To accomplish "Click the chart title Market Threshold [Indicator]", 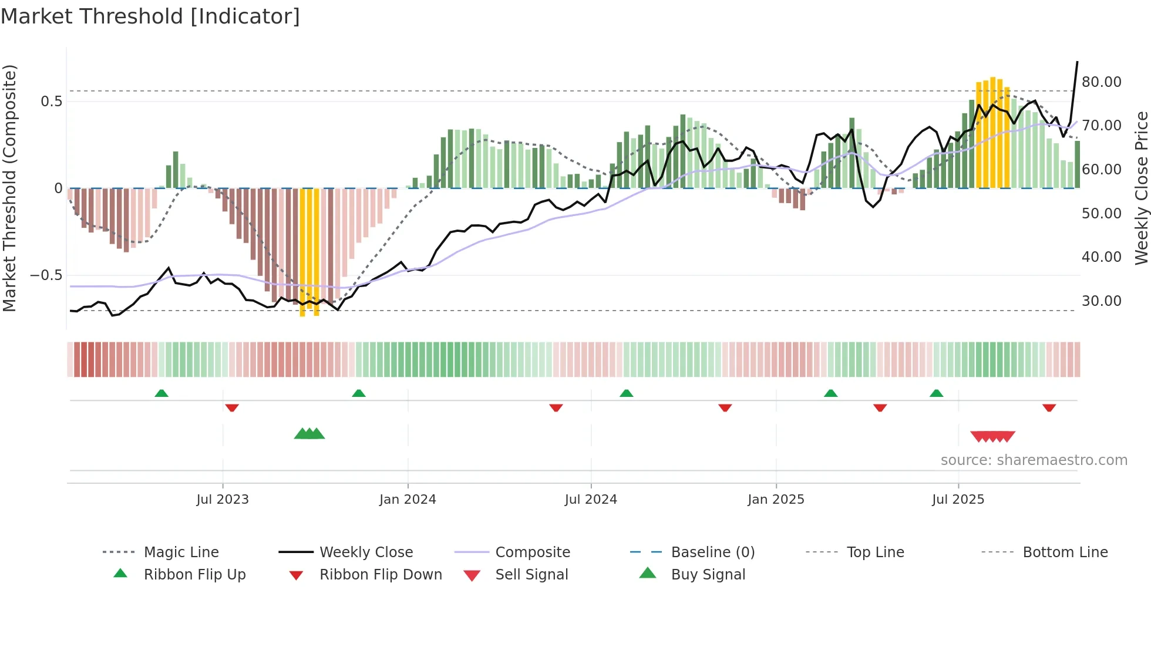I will click(150, 16).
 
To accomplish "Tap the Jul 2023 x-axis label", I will click(223, 500).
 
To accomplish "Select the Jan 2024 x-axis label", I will click(408, 500).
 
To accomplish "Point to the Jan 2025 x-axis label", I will click(776, 500).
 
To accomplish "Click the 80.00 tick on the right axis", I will click(1101, 82).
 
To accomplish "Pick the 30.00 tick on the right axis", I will click(1101, 301).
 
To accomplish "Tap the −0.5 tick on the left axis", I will click(46, 275).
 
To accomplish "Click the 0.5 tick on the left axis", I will click(51, 102).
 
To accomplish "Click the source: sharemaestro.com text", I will click(1034, 460).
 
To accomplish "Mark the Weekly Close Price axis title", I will click(1141, 188).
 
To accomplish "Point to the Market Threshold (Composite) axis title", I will click(9, 188).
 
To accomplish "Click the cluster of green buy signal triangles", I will click(309, 434).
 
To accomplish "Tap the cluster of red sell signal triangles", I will click(992, 436).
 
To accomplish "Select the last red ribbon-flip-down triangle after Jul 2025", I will click(1049, 407).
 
